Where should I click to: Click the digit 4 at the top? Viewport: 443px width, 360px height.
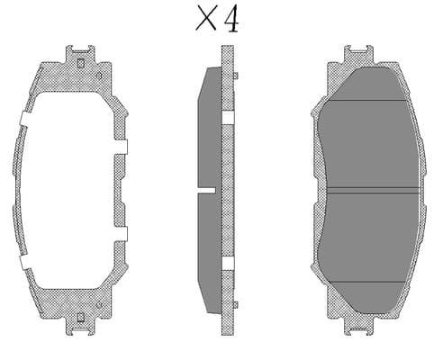(x=232, y=19)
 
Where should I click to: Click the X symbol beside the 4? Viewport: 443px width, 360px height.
(x=206, y=19)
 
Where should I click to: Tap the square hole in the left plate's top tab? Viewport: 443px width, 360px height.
(x=80, y=63)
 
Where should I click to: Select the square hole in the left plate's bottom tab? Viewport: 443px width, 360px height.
(x=80, y=318)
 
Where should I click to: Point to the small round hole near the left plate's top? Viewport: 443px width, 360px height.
(x=99, y=76)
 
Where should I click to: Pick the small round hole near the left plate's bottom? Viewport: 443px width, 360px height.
(x=99, y=305)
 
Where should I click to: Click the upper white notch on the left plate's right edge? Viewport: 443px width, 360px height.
(x=121, y=147)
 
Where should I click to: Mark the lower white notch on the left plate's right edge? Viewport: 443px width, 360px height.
(x=121, y=234)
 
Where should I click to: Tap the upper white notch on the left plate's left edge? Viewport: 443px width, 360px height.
(x=25, y=120)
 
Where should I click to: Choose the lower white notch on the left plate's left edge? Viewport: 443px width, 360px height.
(x=25, y=262)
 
